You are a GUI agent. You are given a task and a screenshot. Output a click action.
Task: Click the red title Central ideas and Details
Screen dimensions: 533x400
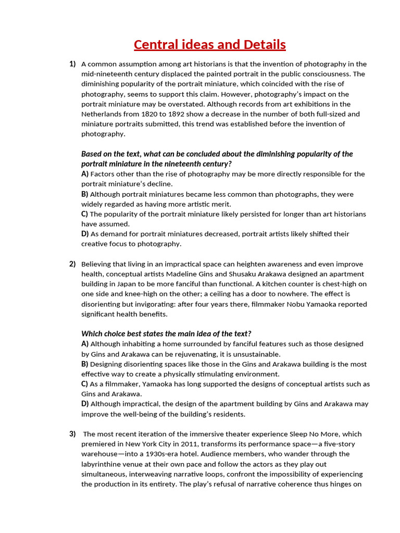click(x=209, y=45)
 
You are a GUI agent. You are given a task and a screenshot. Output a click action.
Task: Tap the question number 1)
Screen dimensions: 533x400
click(x=72, y=64)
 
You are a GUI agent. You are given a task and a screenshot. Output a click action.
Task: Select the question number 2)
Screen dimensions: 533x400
click(x=72, y=264)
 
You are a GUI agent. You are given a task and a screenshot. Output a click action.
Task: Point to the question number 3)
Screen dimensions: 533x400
click(x=72, y=434)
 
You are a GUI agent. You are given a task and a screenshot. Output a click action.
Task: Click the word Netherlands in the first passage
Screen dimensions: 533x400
click(x=101, y=114)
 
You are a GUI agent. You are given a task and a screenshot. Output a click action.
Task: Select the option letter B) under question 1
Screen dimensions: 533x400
click(x=85, y=194)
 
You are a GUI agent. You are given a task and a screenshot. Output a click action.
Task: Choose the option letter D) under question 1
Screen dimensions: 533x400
click(x=85, y=234)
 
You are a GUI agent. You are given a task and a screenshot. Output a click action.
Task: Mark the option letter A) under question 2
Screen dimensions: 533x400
click(x=85, y=344)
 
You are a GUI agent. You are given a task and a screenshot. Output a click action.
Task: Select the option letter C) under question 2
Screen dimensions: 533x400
click(x=85, y=384)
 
